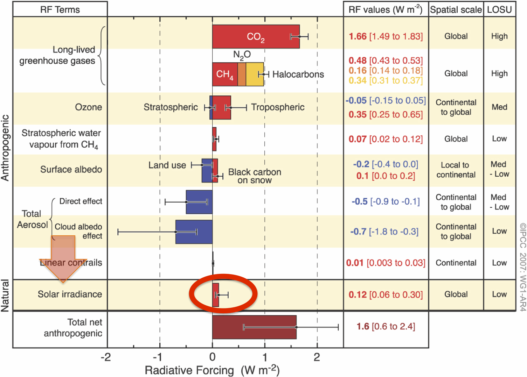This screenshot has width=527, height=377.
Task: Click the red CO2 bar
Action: (256, 36)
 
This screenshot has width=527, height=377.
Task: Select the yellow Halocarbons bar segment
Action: (255, 74)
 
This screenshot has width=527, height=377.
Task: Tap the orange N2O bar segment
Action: (242, 74)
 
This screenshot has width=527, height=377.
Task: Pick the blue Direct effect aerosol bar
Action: (199, 202)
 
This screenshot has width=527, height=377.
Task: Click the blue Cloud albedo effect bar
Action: (194, 232)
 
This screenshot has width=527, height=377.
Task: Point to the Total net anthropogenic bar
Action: (254, 327)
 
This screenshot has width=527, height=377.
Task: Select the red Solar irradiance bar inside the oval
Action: (215, 295)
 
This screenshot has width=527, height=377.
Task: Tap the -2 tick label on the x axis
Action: (106, 357)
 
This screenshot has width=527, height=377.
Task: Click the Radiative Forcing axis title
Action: (212, 370)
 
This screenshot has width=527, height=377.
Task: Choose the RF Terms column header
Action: (60, 9)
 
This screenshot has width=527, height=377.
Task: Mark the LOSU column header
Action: (499, 9)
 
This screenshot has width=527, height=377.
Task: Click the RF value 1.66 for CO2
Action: (358, 36)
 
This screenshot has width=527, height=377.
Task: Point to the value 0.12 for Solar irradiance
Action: (358, 294)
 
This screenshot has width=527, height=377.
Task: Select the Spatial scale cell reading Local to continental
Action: (456, 170)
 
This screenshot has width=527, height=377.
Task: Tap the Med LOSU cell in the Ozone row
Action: (499, 107)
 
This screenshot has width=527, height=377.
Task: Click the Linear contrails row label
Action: (71, 263)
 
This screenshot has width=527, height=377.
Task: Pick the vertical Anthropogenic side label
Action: (5, 148)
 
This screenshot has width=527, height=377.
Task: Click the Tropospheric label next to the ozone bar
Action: (278, 107)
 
